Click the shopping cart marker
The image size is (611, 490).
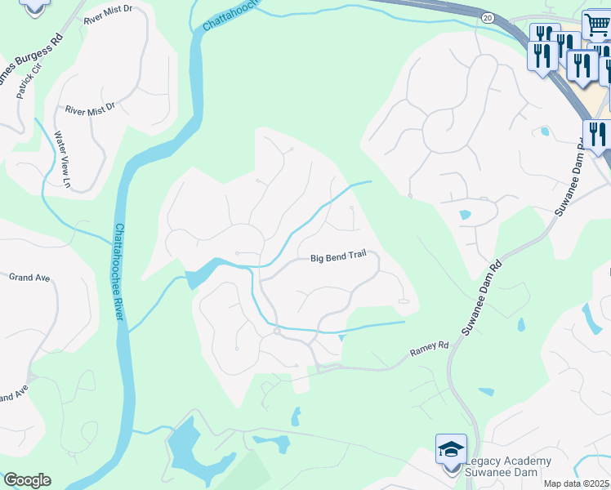tap(595, 26)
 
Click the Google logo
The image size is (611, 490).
tap(27, 480)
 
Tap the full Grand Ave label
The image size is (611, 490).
tap(29, 278)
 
